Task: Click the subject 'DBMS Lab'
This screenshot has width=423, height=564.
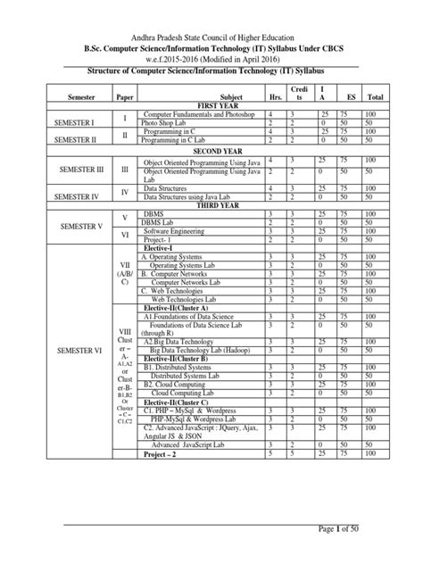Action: tap(161, 223)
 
